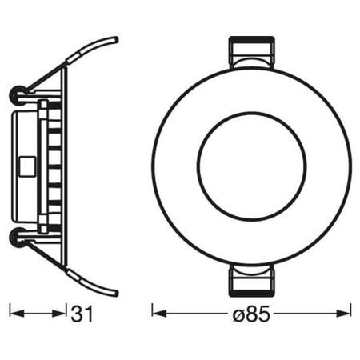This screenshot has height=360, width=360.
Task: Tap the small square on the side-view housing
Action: coord(24,167)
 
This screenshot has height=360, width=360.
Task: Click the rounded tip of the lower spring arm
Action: coord(114,293)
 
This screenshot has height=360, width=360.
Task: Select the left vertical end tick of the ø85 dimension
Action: coord(152,313)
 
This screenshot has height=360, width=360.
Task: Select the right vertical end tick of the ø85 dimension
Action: coord(351,313)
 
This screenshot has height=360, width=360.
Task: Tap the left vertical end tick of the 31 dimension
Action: coord(9,313)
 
